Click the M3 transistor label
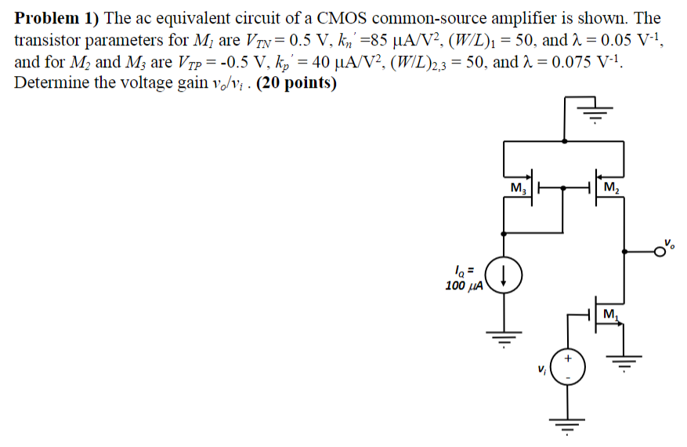519,188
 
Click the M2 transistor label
612,188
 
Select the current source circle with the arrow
503,276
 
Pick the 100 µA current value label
462,285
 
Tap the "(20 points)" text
295,84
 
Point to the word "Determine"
51,84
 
